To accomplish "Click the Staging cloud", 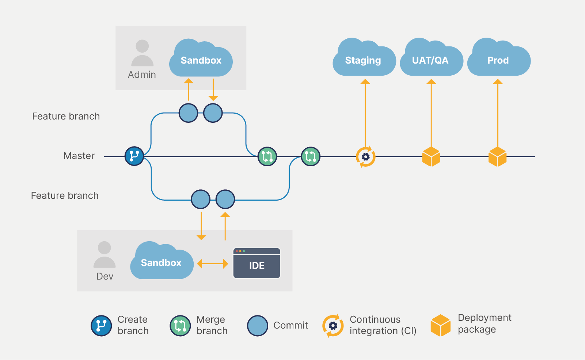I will [364, 60].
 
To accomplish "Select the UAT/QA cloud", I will [431, 60].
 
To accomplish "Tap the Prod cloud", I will [498, 60].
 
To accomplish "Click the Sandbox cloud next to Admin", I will [201, 60].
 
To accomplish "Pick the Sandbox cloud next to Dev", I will [162, 263].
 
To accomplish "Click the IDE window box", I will [257, 264].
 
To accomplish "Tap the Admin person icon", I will [142, 53].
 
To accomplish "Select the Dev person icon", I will [105, 255].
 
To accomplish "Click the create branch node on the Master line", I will [134, 156].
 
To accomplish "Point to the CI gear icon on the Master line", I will [365, 157].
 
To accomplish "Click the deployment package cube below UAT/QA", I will [431, 157].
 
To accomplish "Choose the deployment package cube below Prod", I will [498, 157].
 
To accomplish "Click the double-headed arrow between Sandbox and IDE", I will [212, 264].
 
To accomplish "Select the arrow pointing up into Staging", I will [365, 113].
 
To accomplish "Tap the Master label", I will [79, 156].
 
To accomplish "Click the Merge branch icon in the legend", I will [180, 326].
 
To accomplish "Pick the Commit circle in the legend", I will [258, 326].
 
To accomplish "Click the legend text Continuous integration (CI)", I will [383, 325].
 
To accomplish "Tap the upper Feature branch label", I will [66, 116].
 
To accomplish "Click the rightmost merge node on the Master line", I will [311, 157].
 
